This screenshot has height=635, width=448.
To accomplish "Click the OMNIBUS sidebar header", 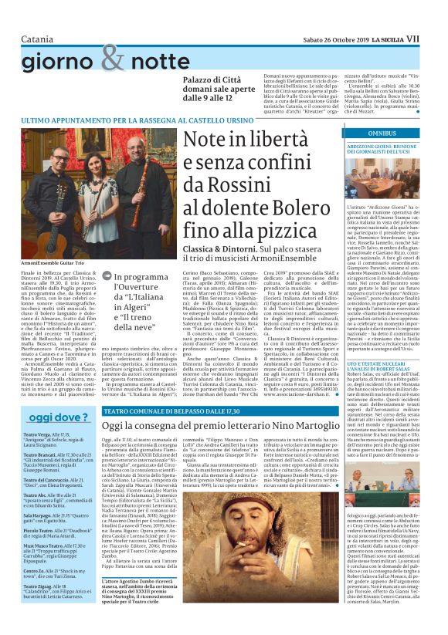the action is (380, 133).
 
